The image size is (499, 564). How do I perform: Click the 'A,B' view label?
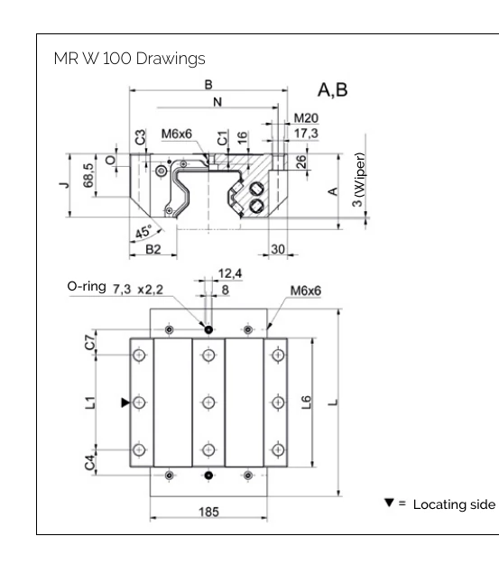tap(333, 90)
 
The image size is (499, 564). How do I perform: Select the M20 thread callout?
tap(306, 118)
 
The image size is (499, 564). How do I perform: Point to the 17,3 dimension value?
tap(306, 133)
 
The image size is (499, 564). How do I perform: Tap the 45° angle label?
tap(143, 232)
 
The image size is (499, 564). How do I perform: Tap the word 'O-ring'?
tap(88, 286)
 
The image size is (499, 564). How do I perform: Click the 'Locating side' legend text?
tap(454, 504)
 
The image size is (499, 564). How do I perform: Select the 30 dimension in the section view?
tap(277, 249)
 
